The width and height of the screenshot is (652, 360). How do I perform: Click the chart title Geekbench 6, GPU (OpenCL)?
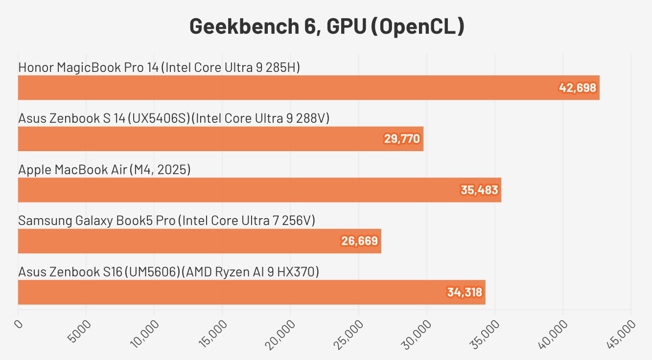point(326,26)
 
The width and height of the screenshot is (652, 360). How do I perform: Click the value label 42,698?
point(578,88)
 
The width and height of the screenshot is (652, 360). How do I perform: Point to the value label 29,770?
point(402,139)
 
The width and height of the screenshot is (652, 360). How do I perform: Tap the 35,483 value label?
point(479,190)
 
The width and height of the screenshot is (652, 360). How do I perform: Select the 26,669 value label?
point(359,241)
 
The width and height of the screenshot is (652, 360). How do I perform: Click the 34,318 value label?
point(465,292)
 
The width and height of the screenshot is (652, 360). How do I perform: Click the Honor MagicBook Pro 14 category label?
point(159,67)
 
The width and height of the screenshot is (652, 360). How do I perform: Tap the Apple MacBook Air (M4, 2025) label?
point(104,170)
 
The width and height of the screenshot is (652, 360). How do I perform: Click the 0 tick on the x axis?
point(19,324)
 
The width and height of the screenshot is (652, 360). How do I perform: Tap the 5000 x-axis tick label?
point(78,331)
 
